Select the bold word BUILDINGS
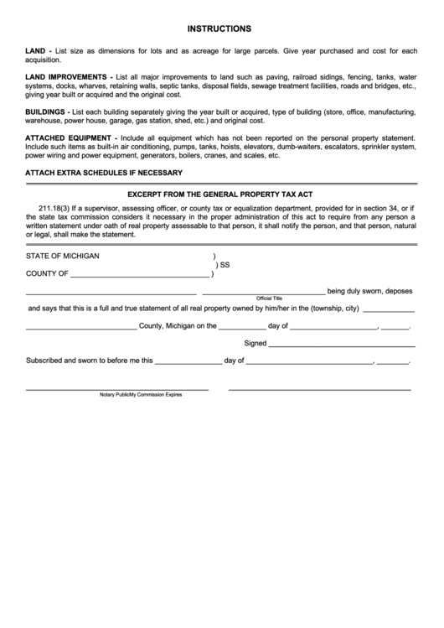tap(46, 112)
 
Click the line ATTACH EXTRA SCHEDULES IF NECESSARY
tap(104, 173)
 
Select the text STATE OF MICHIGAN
tap(62, 256)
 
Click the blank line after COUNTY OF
tap(139, 276)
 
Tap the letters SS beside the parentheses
tap(225, 265)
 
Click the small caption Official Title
tap(270, 298)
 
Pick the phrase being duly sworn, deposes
tap(369, 291)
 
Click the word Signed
tap(255, 343)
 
